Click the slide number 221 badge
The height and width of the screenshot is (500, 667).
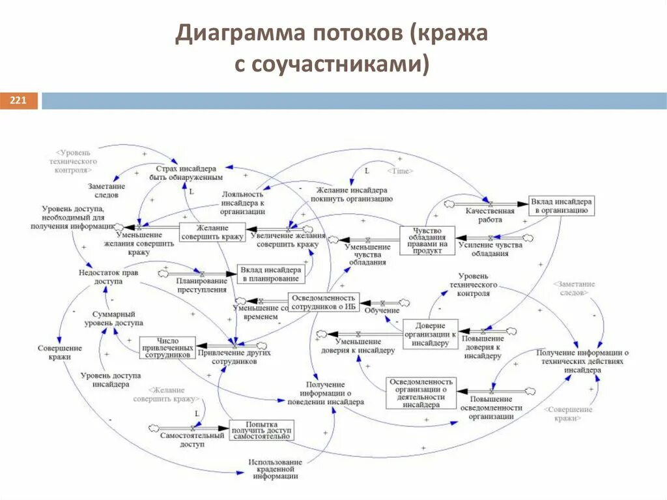point(18,101)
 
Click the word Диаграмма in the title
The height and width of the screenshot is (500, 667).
point(240,35)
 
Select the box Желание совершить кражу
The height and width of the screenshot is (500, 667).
point(212,232)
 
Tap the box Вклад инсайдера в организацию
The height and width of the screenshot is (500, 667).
point(561,206)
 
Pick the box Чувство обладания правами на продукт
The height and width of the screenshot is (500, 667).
point(427,241)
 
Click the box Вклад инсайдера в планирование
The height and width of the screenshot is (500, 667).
point(270,274)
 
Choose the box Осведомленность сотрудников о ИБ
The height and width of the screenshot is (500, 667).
point(324,302)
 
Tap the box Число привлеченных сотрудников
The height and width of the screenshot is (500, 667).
point(167,347)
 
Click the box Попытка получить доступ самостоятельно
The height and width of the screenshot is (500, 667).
point(261,430)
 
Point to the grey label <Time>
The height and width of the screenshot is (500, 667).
point(400,170)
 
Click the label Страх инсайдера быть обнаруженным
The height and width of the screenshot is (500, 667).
point(190,172)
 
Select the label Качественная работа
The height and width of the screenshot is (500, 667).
point(489,215)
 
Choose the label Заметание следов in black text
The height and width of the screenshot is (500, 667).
point(107,190)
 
